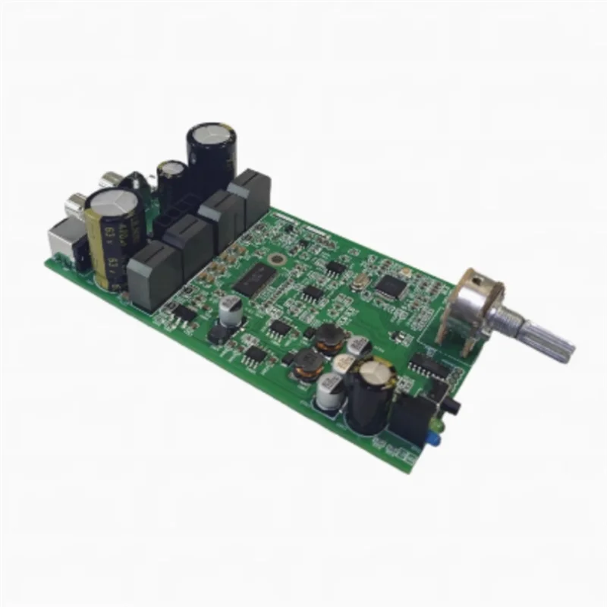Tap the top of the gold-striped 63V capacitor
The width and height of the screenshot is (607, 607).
tap(114, 208)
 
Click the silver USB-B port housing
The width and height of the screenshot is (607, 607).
tap(64, 240)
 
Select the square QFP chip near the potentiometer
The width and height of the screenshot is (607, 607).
tap(391, 286)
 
